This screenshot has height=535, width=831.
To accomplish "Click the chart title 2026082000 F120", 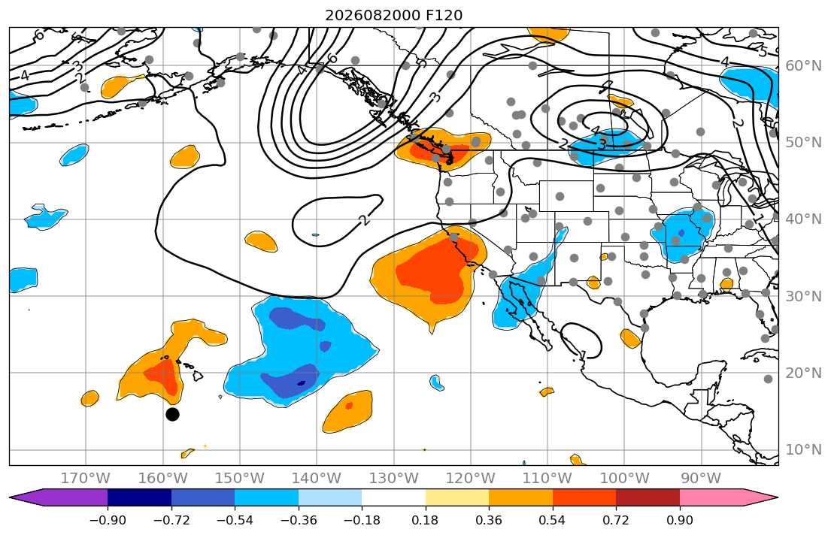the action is click(x=393, y=15).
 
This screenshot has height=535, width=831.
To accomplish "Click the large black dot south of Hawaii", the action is click(x=172, y=414).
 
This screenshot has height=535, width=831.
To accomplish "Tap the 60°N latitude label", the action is click(x=803, y=65).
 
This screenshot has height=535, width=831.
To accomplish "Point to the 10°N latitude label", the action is click(x=803, y=450).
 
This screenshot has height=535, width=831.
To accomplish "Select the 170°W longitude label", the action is click(x=86, y=479).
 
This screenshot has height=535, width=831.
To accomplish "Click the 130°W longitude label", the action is click(x=394, y=479).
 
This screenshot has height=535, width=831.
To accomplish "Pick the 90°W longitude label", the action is click(x=701, y=479).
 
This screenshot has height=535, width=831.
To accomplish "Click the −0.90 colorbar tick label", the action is click(x=108, y=520).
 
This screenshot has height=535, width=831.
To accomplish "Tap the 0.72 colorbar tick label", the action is click(x=616, y=520).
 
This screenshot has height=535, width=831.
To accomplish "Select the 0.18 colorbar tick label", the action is click(x=425, y=520).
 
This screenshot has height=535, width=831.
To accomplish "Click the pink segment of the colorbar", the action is click(x=711, y=497).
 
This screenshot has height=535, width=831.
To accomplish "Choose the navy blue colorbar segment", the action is click(x=139, y=497).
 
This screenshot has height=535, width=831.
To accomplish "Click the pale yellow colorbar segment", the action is click(x=456, y=497).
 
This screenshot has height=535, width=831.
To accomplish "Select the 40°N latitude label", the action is click(x=803, y=219).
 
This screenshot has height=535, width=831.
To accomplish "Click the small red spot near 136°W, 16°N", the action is click(x=349, y=406).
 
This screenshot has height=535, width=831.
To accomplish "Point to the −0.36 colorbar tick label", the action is click(x=299, y=520).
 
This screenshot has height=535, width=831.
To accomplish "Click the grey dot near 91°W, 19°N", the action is click(x=768, y=379).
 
